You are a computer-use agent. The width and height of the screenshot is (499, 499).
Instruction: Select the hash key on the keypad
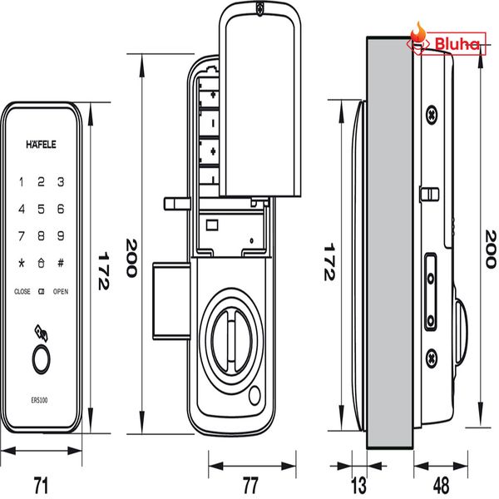(61, 264)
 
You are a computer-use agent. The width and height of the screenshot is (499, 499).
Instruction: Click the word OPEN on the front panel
(61, 292)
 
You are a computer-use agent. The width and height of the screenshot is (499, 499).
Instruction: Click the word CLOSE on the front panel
(22, 292)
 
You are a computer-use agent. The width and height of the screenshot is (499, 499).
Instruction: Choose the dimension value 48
(441, 483)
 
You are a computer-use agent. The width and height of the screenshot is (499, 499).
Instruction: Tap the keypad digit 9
(61, 236)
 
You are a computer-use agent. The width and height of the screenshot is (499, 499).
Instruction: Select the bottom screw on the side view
(432, 358)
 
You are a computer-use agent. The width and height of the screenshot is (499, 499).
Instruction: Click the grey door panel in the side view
(389, 241)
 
